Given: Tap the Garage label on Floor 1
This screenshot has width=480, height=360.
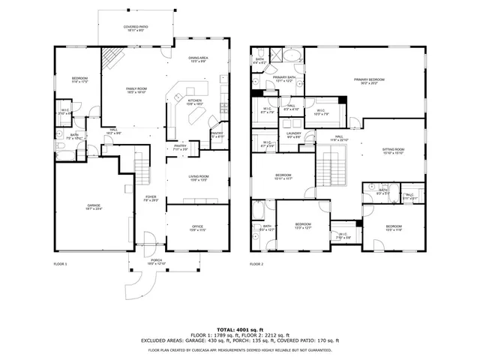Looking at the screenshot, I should pos(94,207).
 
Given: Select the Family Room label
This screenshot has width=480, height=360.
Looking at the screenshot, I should pos(136,90).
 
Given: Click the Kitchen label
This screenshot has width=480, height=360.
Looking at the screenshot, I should pos(194,101).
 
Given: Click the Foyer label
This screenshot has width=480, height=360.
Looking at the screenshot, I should pos(151,199).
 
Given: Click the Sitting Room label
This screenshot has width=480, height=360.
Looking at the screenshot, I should pos(394,151).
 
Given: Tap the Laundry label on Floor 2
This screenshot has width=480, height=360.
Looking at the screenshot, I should pos(293,135).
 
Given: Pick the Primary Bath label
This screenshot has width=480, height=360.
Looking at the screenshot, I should pos(283,79).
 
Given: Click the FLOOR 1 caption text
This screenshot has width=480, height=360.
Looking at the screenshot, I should pos(60,264).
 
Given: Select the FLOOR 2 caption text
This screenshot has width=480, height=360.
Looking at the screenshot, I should pos(257,264).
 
